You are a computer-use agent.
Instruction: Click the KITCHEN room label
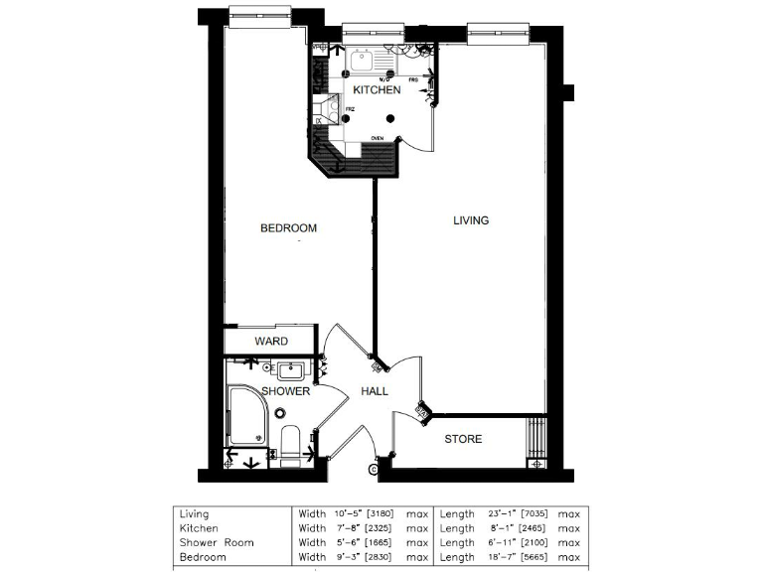click(x=378, y=90)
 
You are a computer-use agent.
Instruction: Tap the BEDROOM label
click(x=288, y=228)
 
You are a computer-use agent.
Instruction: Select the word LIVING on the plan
click(x=471, y=220)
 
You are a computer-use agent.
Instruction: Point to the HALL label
click(x=375, y=391)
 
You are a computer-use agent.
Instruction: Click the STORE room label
click(x=463, y=439)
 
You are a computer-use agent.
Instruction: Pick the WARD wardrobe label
click(x=271, y=342)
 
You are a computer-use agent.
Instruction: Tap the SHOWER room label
click(x=285, y=391)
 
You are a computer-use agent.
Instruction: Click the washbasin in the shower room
click(x=289, y=371)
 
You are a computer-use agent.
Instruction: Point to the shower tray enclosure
click(x=245, y=416)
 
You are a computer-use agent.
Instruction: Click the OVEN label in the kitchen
click(x=378, y=138)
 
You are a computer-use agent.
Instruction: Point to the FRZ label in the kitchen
click(x=350, y=109)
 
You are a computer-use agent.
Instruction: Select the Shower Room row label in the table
click(x=217, y=543)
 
